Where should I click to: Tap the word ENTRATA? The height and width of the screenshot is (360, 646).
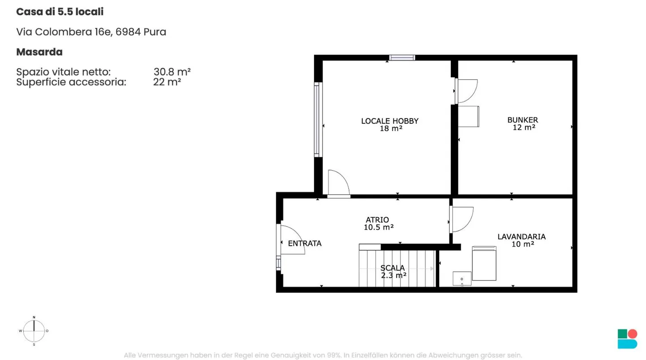305,243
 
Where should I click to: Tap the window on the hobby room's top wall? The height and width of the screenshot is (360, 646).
402,58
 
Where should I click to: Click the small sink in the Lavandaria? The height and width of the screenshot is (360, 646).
462,279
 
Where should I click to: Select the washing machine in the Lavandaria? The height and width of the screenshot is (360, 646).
484,263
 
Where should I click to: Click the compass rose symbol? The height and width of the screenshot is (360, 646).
34,331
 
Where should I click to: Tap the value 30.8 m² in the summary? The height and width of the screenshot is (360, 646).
172,71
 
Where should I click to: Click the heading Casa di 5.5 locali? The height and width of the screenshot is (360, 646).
60,12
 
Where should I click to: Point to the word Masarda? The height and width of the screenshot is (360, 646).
39,52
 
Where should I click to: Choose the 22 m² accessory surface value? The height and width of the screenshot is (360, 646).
167,82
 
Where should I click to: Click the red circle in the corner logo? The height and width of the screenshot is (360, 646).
633,334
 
